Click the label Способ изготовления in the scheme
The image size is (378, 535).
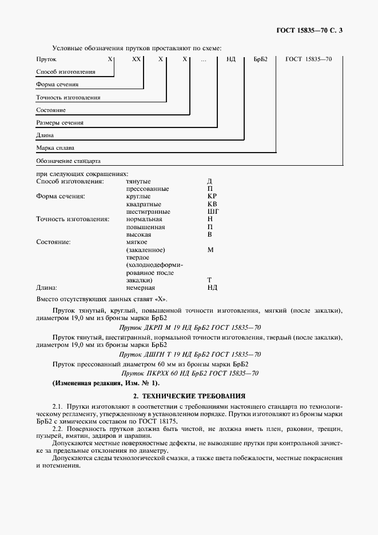pos(65,72)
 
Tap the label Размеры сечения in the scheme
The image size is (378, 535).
pos(59,122)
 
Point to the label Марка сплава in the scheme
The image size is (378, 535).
pos(55,147)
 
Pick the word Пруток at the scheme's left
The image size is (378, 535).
pos(46,59)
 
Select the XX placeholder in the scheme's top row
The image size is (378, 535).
pos(136,59)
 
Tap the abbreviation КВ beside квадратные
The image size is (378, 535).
pos(212,204)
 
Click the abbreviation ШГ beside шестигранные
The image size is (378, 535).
pos(213,211)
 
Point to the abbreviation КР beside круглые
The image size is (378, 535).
pos(212,196)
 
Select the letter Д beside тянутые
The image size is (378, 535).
pos(210,181)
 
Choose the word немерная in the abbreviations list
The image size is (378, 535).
pos(140,288)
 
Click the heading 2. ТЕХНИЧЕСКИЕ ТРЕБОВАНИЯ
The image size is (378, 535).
pos(189,396)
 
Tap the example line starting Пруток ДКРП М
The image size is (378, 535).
pos(189,329)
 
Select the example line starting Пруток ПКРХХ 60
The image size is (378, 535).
pos(189,373)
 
